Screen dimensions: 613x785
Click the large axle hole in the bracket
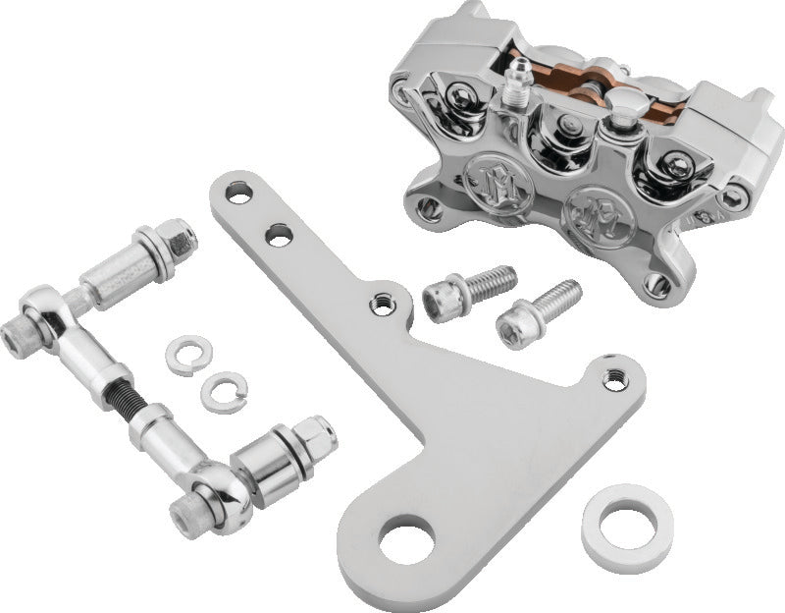[407, 542]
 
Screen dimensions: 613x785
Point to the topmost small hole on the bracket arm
[237, 192]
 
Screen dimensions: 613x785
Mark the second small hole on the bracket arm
[279, 234]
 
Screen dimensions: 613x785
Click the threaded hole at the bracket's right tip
[615, 376]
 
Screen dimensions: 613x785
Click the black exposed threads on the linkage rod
[133, 402]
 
